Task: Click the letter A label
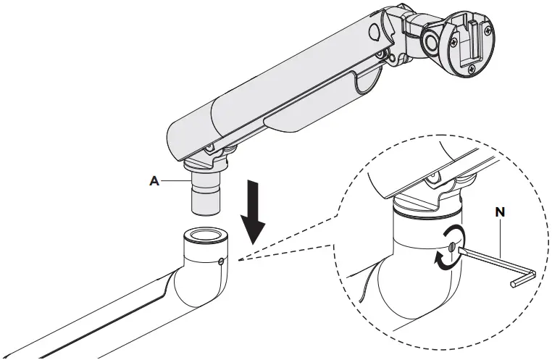(x=153, y=182)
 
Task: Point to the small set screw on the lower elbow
(x=220, y=261)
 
